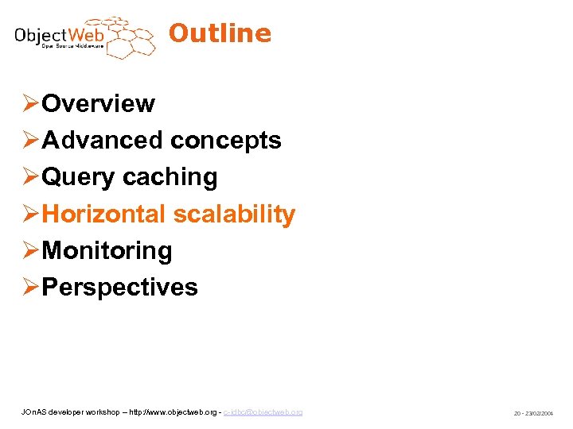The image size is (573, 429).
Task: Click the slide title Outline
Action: pyautogui.click(x=220, y=33)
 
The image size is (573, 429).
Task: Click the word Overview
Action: pyautogui.click(x=98, y=103)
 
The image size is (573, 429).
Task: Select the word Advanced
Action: pyautogui.click(x=103, y=140)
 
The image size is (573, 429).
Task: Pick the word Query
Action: pyautogui.click(x=79, y=176)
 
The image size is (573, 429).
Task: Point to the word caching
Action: pyautogui.click(x=170, y=176)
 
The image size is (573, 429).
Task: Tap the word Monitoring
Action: pyautogui.click(x=107, y=250)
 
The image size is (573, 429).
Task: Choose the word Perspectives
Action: pyautogui.click(x=119, y=287)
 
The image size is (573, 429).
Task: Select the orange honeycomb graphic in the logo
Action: pyautogui.click(x=126, y=37)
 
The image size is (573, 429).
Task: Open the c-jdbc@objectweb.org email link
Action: pyautogui.click(x=263, y=412)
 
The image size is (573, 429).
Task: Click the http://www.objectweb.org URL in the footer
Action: pyautogui.click(x=168, y=412)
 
